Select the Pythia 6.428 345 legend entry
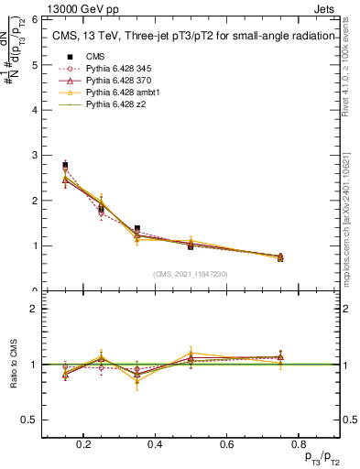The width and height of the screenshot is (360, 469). [117, 69]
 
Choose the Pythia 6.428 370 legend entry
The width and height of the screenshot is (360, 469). [117, 81]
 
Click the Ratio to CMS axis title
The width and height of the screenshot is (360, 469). [12, 365]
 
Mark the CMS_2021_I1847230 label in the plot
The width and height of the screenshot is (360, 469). [191, 274]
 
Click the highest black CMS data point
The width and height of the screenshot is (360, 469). [65, 165]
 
